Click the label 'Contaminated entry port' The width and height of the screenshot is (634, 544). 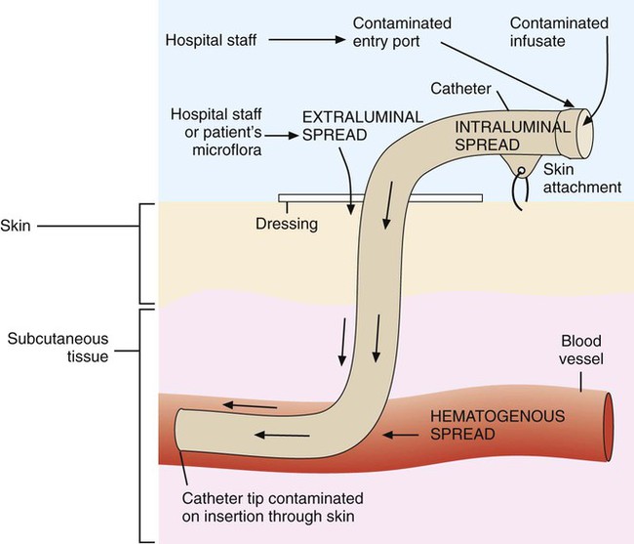coord(402,32)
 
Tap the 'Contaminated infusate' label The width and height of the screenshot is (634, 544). coord(559,32)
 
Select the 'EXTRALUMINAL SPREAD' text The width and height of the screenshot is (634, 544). coord(363,126)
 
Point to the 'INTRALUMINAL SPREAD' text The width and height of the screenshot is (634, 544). coord(512,136)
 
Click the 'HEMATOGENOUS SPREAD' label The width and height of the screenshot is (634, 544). coord(497,425)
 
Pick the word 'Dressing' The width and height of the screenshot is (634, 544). coord(287,224)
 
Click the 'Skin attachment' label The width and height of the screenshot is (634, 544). coord(582,179)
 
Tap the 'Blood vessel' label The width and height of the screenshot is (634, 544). coord(581,350)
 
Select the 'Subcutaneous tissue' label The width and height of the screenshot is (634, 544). coord(58,348)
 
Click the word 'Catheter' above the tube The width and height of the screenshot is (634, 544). coord(460,89)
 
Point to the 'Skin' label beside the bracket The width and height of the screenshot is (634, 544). coord(16,226)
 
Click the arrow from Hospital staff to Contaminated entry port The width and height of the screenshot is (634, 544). coord(307,40)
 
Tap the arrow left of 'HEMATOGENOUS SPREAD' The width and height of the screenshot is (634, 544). coord(401,436)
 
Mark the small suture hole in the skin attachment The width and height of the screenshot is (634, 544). coord(522,171)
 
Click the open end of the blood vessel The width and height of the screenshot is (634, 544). coord(608,427)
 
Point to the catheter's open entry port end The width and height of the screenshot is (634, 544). coord(584,133)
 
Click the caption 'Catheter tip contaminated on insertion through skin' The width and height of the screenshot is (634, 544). coord(272,507)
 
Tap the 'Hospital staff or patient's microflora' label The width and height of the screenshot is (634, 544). coord(216,132)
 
